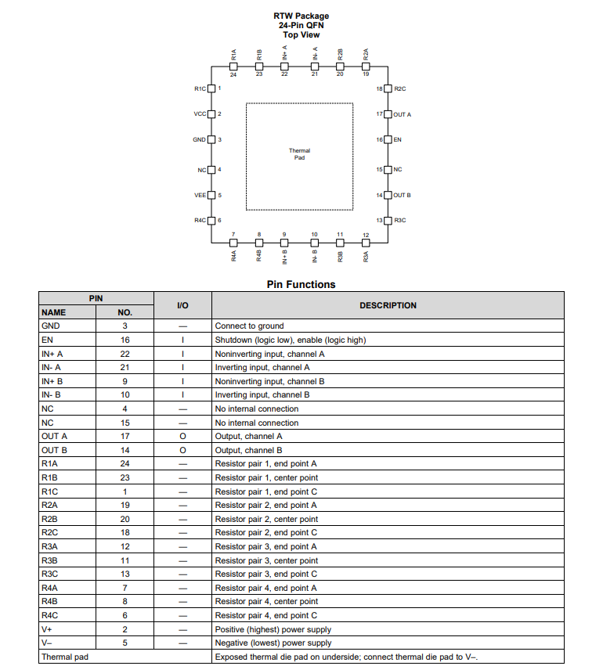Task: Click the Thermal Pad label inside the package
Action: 299,154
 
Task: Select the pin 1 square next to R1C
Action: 211,88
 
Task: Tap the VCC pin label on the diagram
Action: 200,114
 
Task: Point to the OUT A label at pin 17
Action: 402,114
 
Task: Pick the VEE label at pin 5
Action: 200,195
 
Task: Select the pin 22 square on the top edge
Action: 284,67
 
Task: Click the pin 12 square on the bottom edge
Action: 366,242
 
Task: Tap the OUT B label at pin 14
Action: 402,195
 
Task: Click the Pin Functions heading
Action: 301,285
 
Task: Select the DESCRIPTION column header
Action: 388,305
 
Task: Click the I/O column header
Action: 182,305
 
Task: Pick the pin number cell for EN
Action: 125,340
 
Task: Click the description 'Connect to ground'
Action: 250,326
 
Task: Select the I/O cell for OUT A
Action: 182,436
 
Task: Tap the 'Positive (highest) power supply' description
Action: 273,629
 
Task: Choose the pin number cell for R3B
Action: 125,560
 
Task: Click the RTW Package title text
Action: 301,16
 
